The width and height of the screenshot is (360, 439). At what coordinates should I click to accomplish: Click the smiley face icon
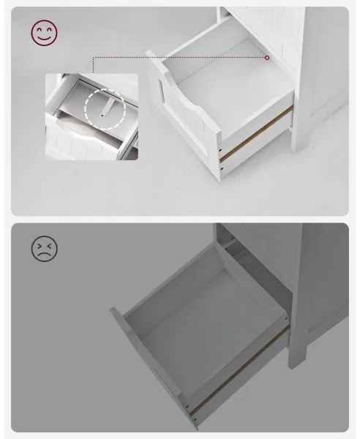point(45,33)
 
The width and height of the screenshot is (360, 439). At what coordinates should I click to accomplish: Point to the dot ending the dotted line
point(267,57)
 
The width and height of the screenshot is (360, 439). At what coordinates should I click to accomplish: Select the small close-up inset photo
point(91,116)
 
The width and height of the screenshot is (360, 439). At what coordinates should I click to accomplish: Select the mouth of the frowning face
point(45,256)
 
